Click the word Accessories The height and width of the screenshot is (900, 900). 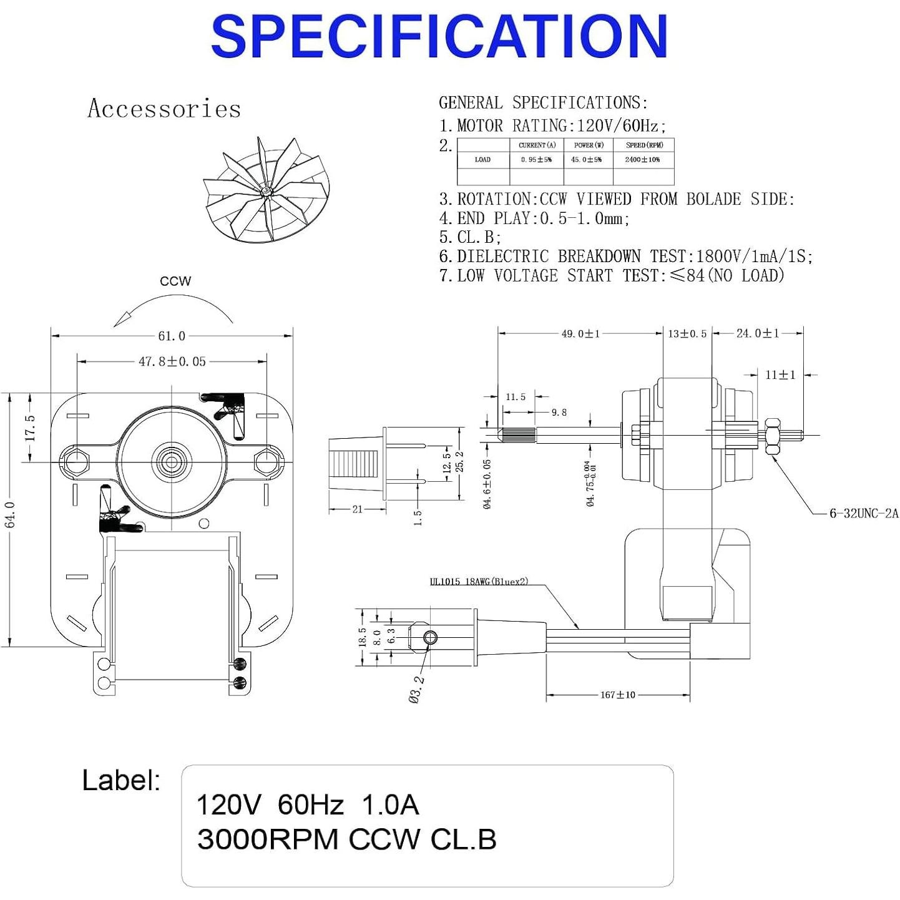point(164,109)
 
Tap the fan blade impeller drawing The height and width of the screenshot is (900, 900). point(265,190)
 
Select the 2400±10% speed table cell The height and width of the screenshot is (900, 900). point(642,160)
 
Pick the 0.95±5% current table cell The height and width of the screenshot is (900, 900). point(536,160)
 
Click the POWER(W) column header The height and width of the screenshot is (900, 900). point(588,145)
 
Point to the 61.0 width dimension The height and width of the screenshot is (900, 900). point(172,336)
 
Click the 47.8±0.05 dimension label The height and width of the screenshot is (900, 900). point(172,361)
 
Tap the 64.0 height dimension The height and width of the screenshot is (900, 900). point(11,514)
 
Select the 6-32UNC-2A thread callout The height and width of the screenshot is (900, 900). point(864,513)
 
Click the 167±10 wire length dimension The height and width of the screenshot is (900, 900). point(617,695)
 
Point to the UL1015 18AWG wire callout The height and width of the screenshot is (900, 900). point(479,582)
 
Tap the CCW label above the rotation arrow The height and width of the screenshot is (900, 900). point(175,281)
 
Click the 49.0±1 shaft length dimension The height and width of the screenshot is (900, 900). point(580,334)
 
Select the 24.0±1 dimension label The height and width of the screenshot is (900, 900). point(757,334)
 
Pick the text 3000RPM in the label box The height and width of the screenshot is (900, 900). point(268,839)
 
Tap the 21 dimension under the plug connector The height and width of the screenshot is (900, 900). point(357,509)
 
